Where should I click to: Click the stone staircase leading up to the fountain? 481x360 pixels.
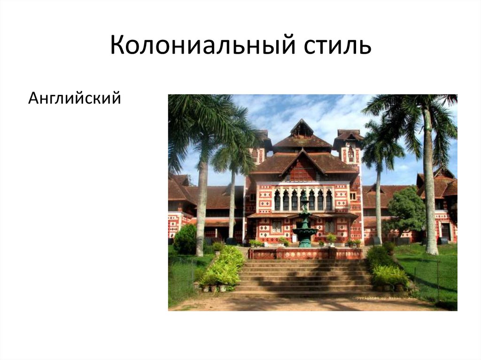(x=305, y=277)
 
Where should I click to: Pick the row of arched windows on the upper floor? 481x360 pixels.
(x=303, y=199)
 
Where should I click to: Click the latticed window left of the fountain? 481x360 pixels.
(x=277, y=226)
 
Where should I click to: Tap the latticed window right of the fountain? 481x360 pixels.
(x=331, y=226)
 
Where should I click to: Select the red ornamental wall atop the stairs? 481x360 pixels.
(x=305, y=254)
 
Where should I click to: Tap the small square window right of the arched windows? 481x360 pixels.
(x=353, y=196)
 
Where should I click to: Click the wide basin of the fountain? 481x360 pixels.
(x=304, y=231)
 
